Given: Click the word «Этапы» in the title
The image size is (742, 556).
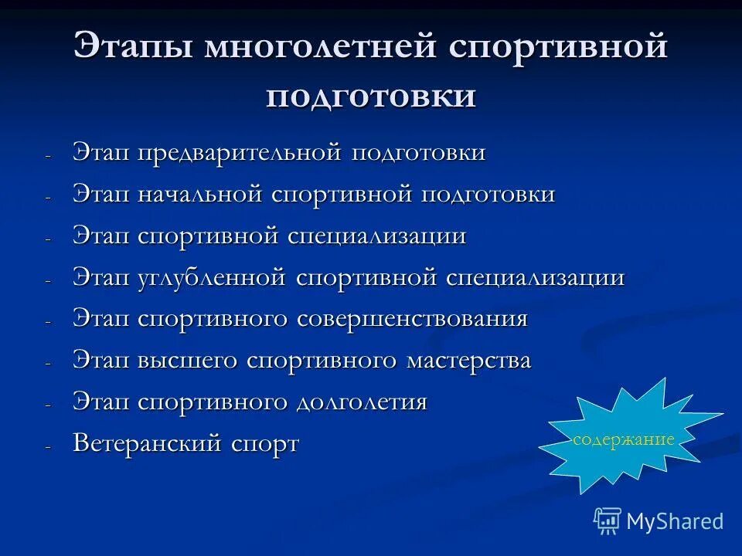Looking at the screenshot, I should click(x=131, y=47).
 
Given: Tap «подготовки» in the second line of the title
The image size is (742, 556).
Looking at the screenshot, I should click(x=371, y=96).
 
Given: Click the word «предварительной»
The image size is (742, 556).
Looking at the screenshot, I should click(x=240, y=152).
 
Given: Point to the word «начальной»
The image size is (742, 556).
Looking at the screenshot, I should click(x=200, y=194).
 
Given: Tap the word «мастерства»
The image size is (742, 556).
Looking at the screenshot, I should click(x=468, y=361).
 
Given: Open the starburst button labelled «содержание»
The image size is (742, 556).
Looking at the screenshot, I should click(x=623, y=439).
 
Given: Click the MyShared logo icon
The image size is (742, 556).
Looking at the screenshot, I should click(x=608, y=520).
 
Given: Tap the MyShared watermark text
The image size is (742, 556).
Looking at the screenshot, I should click(x=675, y=521).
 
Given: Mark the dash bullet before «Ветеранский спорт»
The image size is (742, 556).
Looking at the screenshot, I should click(x=48, y=447).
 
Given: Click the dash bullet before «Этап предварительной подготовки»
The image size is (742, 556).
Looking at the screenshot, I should click(x=48, y=155).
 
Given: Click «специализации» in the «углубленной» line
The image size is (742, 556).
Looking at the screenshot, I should click(x=535, y=277).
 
